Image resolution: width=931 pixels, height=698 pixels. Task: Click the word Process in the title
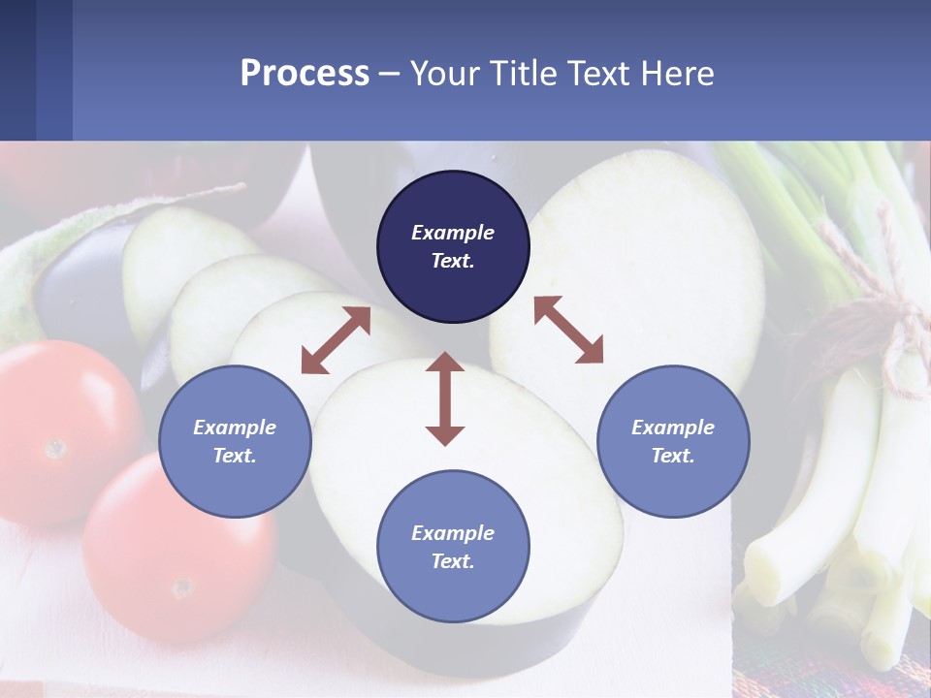pyautogui.click(x=305, y=74)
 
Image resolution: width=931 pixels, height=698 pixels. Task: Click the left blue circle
pyautogui.click(x=235, y=441)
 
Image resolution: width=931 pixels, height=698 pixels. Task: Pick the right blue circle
pyautogui.click(x=673, y=441)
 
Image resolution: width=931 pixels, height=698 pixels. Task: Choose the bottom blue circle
pyautogui.click(x=453, y=547)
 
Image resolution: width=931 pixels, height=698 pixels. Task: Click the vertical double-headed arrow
pyautogui.click(x=445, y=398)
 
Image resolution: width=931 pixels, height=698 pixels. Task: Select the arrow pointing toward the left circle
pyautogui.click(x=336, y=340)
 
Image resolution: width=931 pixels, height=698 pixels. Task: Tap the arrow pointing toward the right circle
pyautogui.click(x=568, y=330)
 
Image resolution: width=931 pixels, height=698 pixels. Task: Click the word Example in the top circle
pyautogui.click(x=453, y=233)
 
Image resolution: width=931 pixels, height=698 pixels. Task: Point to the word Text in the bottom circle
pyautogui.click(x=451, y=561)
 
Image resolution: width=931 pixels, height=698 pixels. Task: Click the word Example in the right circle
pyautogui.click(x=673, y=428)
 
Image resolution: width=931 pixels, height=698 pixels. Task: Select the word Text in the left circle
pyautogui.click(x=234, y=456)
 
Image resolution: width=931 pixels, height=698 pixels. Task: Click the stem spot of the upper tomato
pyautogui.click(x=55, y=448)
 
